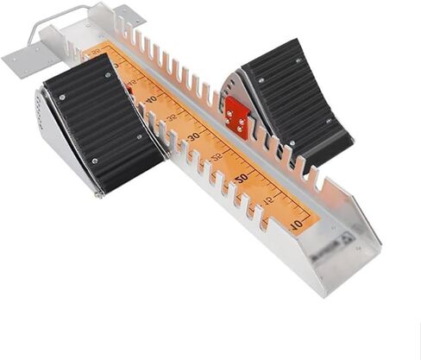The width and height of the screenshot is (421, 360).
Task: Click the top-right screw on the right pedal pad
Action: coord(299,61)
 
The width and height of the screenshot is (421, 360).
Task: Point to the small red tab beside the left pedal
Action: coord(128,86)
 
